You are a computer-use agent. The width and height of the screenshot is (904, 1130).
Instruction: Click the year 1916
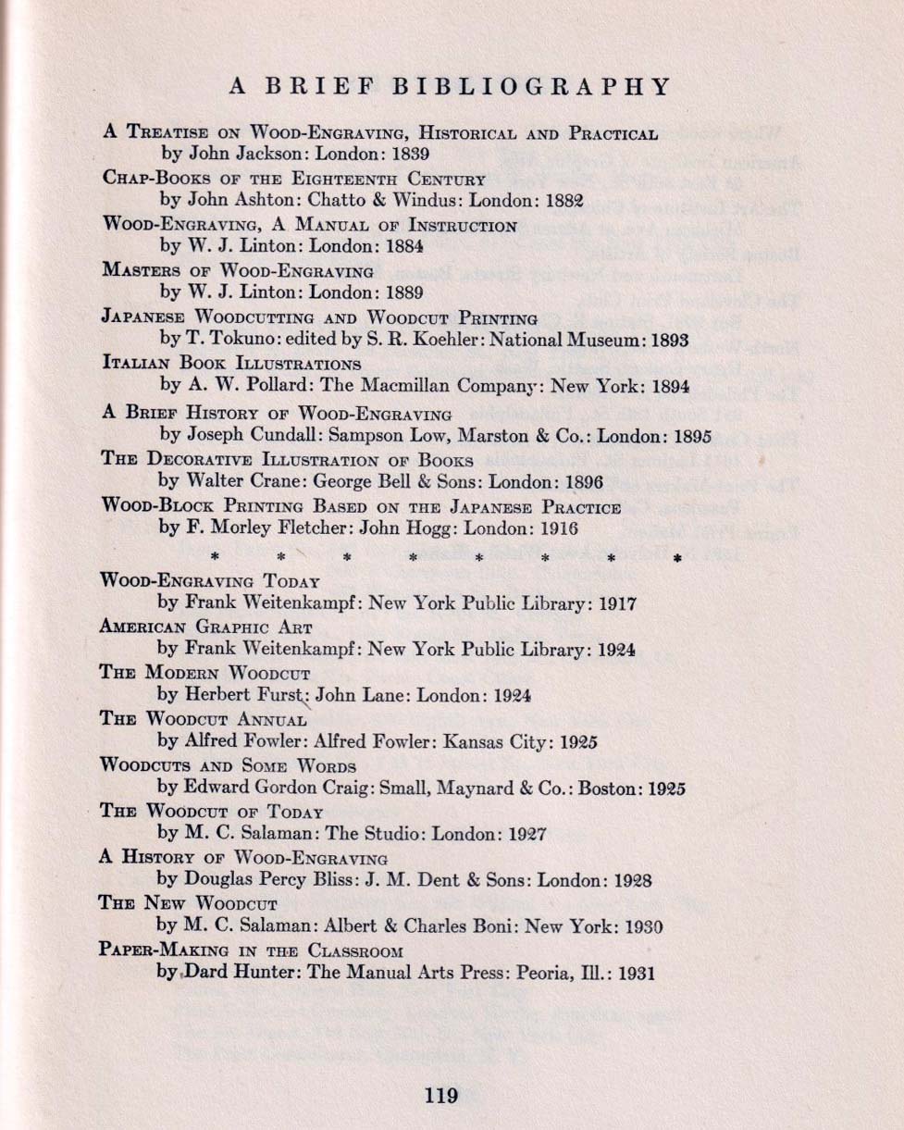click(558, 528)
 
